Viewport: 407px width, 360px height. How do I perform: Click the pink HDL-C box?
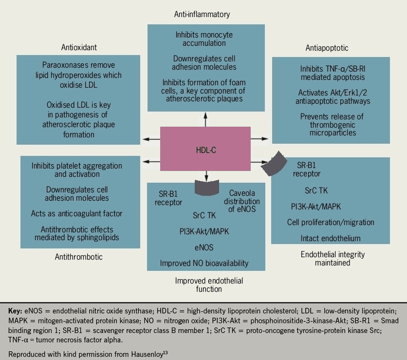205,150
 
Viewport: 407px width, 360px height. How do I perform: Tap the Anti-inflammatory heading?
202,14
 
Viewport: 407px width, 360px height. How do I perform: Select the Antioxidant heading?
79,47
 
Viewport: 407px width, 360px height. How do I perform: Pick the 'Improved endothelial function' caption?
209,285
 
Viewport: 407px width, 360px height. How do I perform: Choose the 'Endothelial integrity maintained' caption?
333,259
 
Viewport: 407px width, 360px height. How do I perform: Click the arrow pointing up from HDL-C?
206,118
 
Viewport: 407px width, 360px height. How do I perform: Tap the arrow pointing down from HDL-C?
206,175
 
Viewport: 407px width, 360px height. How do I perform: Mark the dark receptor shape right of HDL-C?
273,163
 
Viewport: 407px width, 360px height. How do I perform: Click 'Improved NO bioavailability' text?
204,264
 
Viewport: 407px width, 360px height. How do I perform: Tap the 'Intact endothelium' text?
331,238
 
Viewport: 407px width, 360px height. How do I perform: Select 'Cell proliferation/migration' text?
331,222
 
